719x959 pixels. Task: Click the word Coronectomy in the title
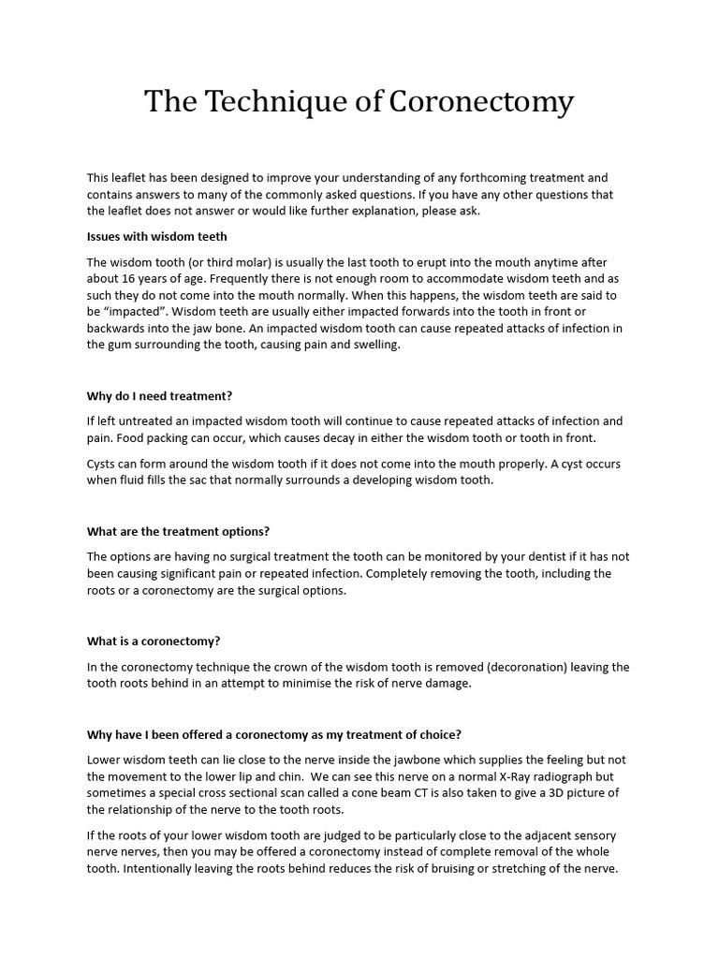pyautogui.click(x=480, y=102)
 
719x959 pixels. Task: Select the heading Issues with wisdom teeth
pyautogui.click(x=157, y=236)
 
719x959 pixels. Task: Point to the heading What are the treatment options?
pyautogui.click(x=178, y=531)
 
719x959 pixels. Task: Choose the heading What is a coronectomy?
pyautogui.click(x=154, y=642)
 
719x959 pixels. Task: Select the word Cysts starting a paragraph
pyautogui.click(x=103, y=465)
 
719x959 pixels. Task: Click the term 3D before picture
pyautogui.click(x=557, y=793)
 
